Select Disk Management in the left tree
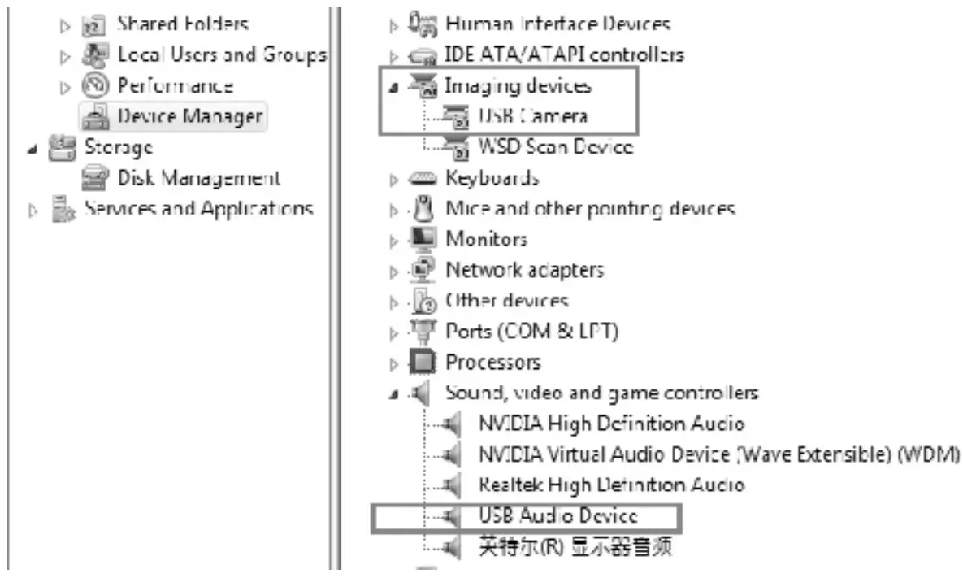pyautogui.click(x=199, y=177)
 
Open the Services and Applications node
pyautogui.click(x=199, y=208)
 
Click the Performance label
pyautogui.click(x=175, y=85)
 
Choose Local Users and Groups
pyautogui.click(x=221, y=55)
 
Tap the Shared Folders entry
pyautogui.click(x=183, y=24)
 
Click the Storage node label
pyautogui.click(x=119, y=147)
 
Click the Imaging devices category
pyautogui.click(x=518, y=85)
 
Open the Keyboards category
pyautogui.click(x=492, y=178)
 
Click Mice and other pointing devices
pyautogui.click(x=590, y=209)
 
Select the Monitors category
pyautogui.click(x=486, y=239)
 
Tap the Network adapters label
pyautogui.click(x=524, y=270)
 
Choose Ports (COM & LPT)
pyautogui.click(x=531, y=332)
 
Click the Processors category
pyautogui.click(x=492, y=362)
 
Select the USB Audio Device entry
pyautogui.click(x=557, y=515)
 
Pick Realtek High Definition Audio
pyautogui.click(x=611, y=485)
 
